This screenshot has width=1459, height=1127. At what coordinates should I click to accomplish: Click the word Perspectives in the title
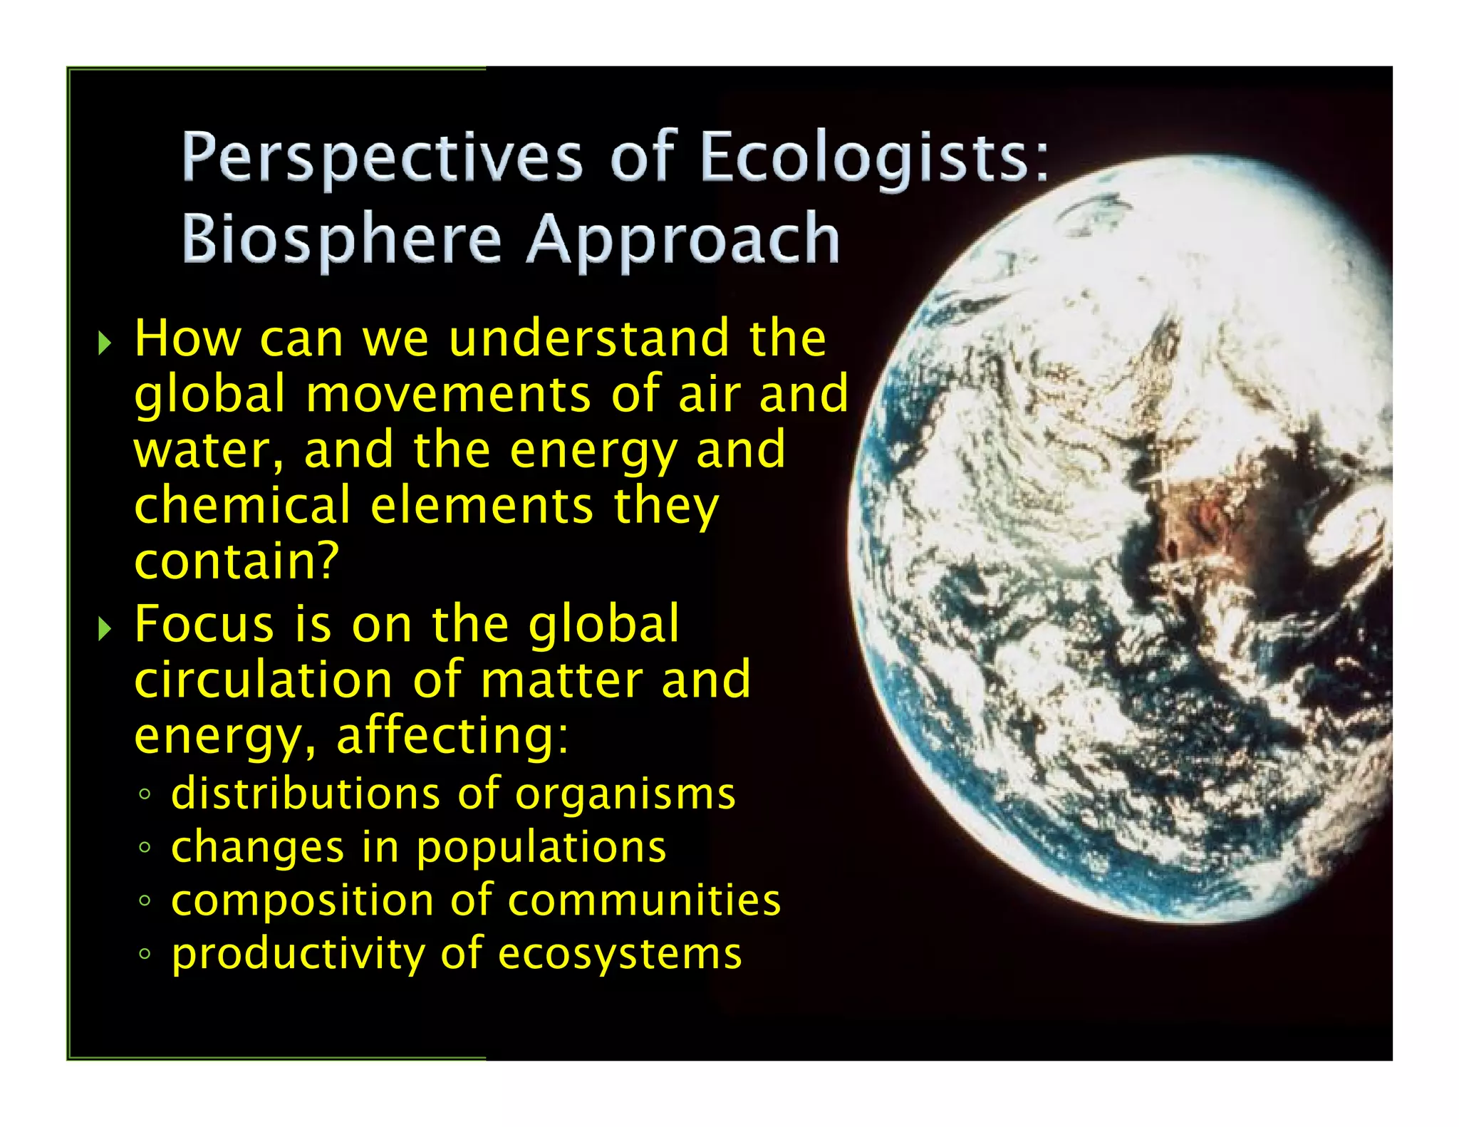(382, 158)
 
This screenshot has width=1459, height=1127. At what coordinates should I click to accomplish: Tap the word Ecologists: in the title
(875, 158)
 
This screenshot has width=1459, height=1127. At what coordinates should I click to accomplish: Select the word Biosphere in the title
(342, 239)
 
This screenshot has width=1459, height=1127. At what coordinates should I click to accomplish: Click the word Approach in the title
(683, 239)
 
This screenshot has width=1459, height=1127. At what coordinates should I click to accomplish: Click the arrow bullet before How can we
(105, 343)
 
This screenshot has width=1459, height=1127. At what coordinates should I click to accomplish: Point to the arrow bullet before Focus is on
(105, 628)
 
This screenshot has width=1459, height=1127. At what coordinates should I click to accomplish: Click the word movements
(448, 394)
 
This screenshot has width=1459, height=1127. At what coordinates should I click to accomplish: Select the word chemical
(242, 506)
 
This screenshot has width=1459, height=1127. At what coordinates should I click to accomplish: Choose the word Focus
(204, 624)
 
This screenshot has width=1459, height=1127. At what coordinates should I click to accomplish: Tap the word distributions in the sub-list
(306, 794)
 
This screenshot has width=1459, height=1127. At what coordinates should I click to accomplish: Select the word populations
(541, 848)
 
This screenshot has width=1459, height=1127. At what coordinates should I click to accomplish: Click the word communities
(644, 900)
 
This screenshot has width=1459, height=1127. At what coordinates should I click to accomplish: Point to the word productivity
(298, 955)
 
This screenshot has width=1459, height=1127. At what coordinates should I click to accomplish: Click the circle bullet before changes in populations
(145, 848)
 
